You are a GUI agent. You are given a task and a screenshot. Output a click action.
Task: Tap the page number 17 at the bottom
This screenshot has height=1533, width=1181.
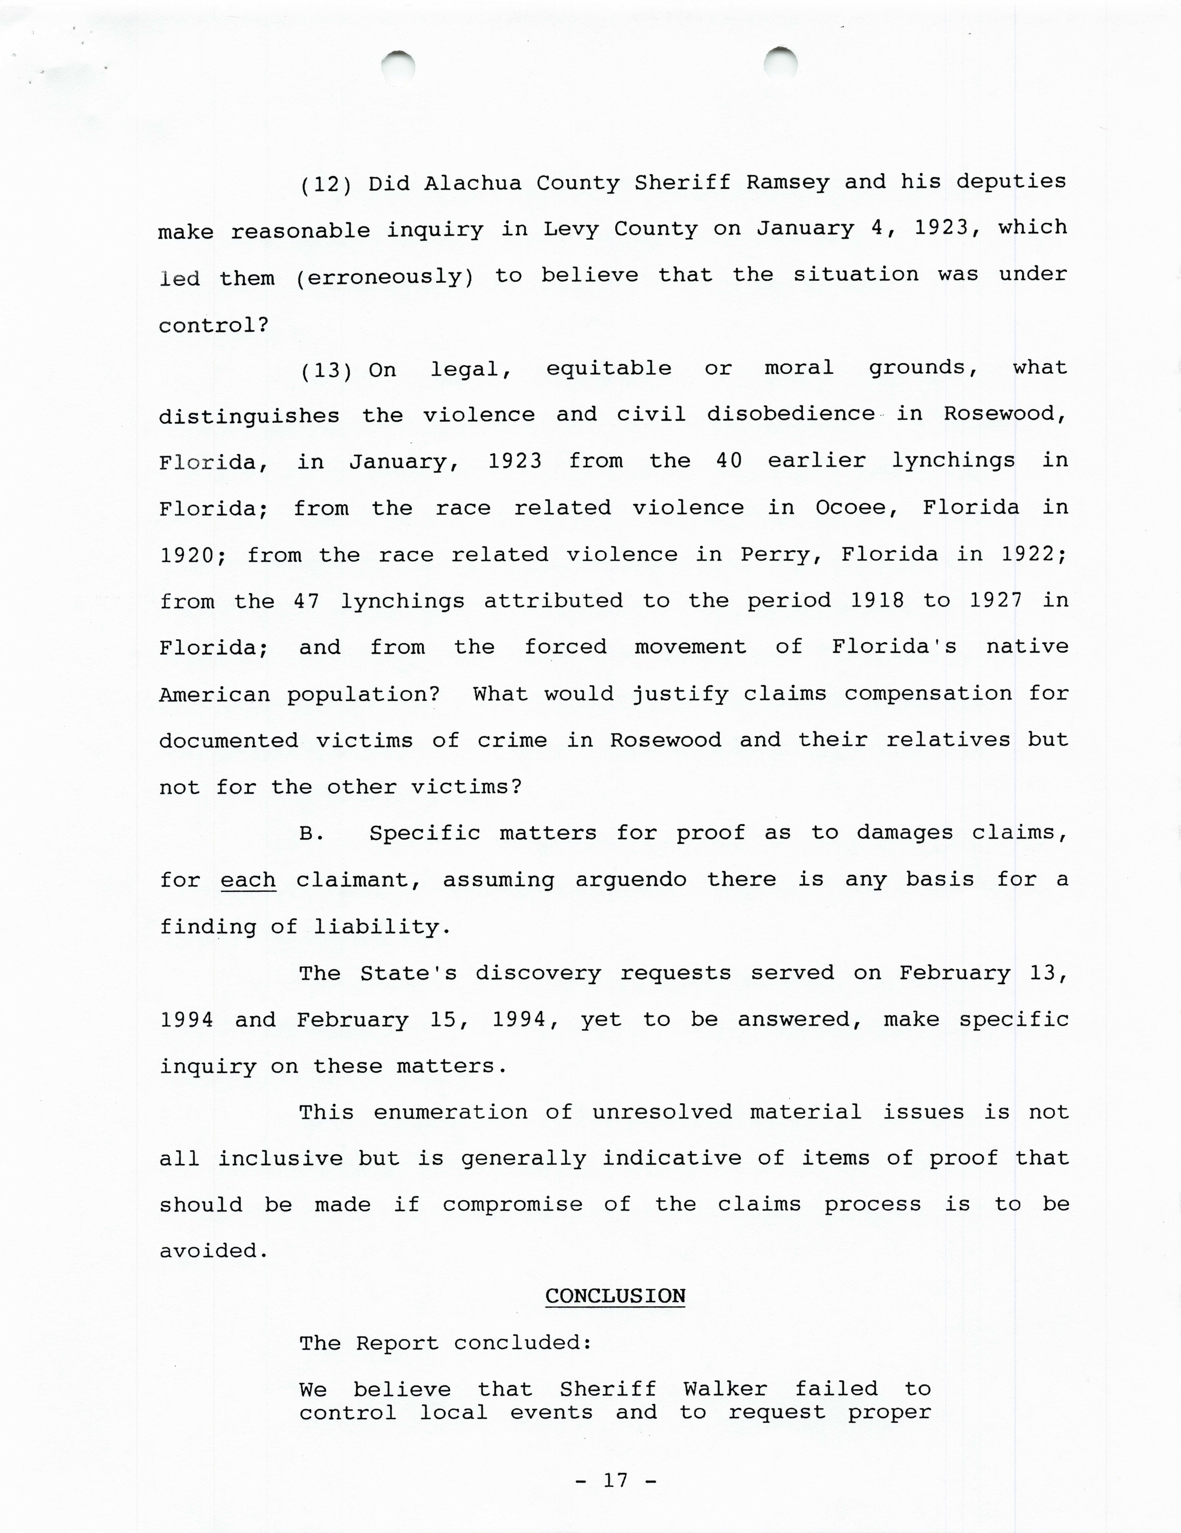pyautogui.click(x=615, y=1481)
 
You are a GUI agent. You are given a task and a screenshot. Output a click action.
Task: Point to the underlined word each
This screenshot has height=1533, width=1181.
pyautogui.click(x=248, y=880)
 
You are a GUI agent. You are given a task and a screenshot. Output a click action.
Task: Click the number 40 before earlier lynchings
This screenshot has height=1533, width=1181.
pyautogui.click(x=729, y=461)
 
